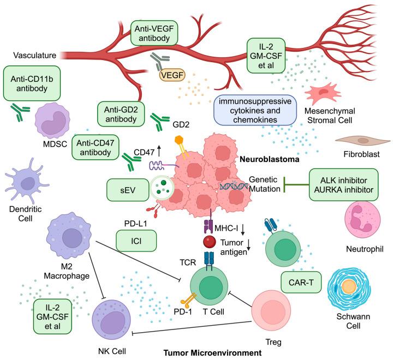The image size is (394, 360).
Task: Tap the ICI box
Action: pos(136,239)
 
